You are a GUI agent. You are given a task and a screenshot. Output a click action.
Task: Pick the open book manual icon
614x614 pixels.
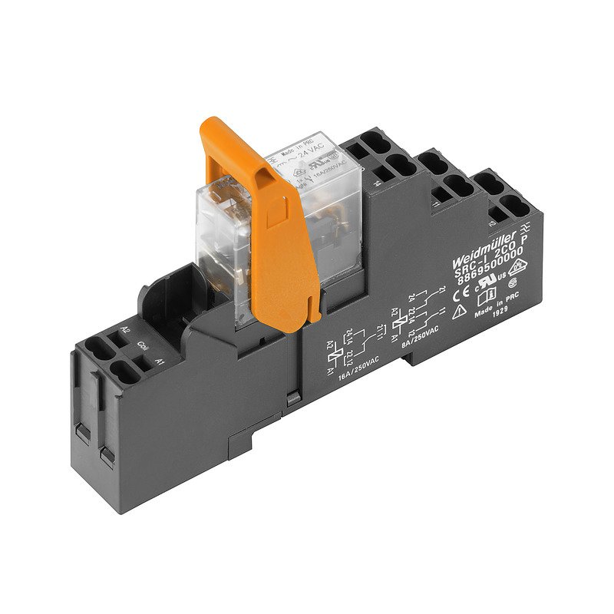click(x=487, y=301)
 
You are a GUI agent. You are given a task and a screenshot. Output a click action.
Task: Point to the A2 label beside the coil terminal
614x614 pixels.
click(x=125, y=333)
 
